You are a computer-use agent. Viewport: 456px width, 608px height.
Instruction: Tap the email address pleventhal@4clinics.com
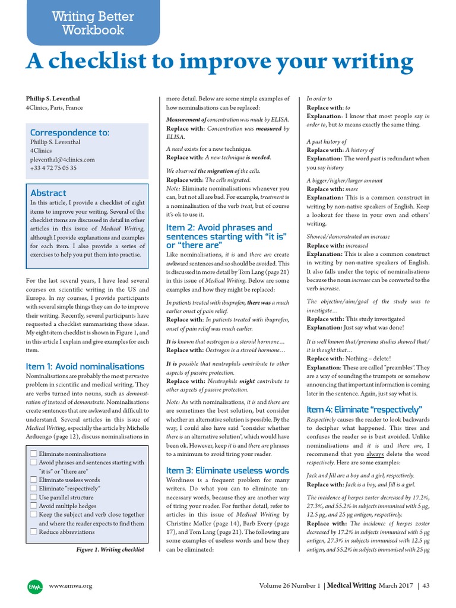coord(61,159)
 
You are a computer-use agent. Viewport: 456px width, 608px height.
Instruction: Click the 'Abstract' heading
coord(48,193)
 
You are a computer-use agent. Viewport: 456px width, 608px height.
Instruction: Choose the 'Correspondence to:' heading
coord(69,132)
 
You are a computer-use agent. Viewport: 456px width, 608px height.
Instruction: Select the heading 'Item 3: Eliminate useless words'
coord(227,470)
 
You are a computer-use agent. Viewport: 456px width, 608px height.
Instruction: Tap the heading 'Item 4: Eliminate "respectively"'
coord(363,410)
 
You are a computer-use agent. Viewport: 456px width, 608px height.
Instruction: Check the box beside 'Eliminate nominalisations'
coord(33,454)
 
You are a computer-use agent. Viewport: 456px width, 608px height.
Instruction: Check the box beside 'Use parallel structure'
coord(33,497)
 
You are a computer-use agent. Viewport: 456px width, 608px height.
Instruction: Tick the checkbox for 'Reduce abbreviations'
coord(33,532)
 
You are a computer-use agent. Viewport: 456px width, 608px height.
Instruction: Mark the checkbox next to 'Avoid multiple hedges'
coord(33,506)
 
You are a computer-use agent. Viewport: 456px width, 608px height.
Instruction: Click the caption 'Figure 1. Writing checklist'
coord(110,550)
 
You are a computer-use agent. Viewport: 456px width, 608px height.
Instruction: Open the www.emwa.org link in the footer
coord(71,586)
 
